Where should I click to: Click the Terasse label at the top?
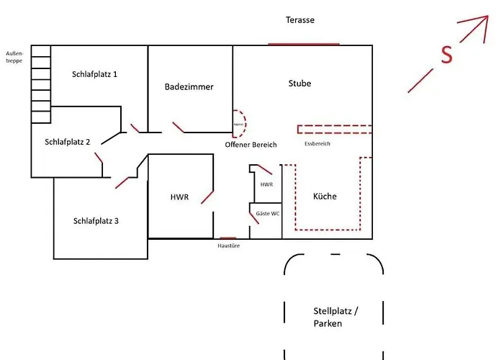click(300, 20)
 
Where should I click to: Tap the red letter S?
click(447, 55)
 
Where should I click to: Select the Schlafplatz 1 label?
click(94, 74)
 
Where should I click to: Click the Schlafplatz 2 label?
click(67, 142)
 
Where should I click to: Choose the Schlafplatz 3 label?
click(96, 221)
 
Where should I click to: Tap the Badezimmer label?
click(189, 87)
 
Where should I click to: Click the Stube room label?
click(300, 84)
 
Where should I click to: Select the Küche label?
click(325, 197)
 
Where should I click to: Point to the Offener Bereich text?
click(251, 145)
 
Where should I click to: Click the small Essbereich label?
click(318, 144)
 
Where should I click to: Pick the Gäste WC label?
click(267, 214)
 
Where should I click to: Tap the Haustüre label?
click(228, 246)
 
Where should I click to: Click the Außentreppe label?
click(14, 57)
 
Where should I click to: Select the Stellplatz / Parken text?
click(335, 318)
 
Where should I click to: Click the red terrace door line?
click(303, 45)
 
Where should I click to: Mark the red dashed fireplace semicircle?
click(240, 124)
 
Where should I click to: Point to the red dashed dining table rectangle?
click(336, 130)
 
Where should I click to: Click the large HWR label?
click(179, 197)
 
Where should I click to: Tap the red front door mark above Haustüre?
click(228, 238)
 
